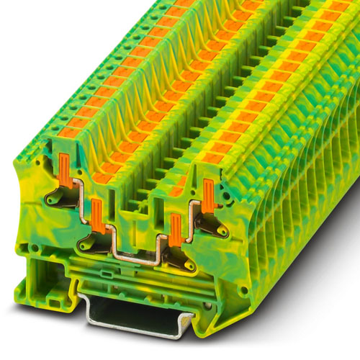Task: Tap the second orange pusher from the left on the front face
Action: (96, 215)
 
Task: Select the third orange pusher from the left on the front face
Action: (174, 230)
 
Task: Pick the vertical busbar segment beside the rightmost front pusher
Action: (193, 213)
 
